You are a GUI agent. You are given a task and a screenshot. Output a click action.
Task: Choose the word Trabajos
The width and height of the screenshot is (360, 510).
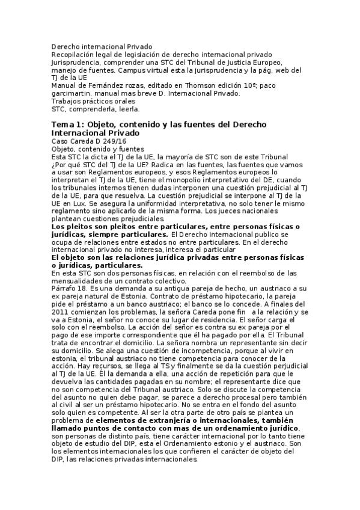coord(67,101)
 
